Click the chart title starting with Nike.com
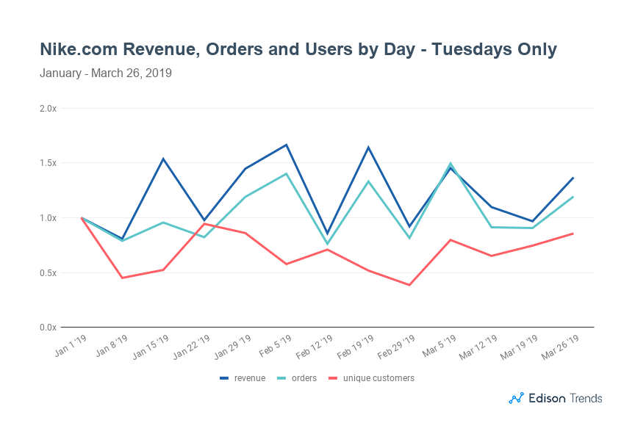pos(298,49)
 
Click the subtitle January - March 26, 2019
pos(106,73)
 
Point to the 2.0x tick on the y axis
pos(48,109)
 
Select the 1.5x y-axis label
pos(48,163)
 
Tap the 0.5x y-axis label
pos(48,272)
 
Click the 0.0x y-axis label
pos(48,328)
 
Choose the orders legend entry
pos(298,378)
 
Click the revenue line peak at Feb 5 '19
pos(286,145)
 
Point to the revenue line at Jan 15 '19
pos(163,159)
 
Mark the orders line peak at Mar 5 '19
pos(450,164)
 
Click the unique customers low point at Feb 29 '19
pos(409,285)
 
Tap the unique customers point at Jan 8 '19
pos(122,278)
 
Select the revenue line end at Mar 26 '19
pos(573,178)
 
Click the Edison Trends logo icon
pos(516,398)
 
